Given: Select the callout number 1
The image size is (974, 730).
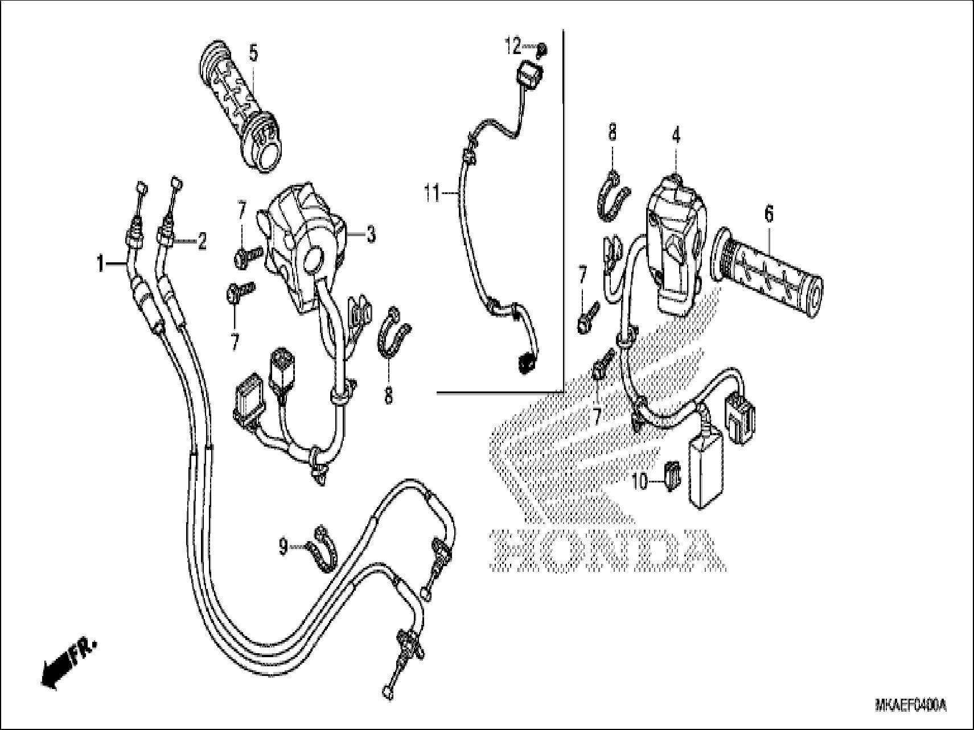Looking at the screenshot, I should (101, 264).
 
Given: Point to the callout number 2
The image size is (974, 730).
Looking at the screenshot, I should (201, 242).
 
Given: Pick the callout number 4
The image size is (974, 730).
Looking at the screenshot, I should (676, 136).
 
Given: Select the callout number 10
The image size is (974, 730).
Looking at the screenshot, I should (640, 482).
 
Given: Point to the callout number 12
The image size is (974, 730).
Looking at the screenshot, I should (513, 46).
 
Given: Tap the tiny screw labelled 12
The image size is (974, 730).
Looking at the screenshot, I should (541, 51).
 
